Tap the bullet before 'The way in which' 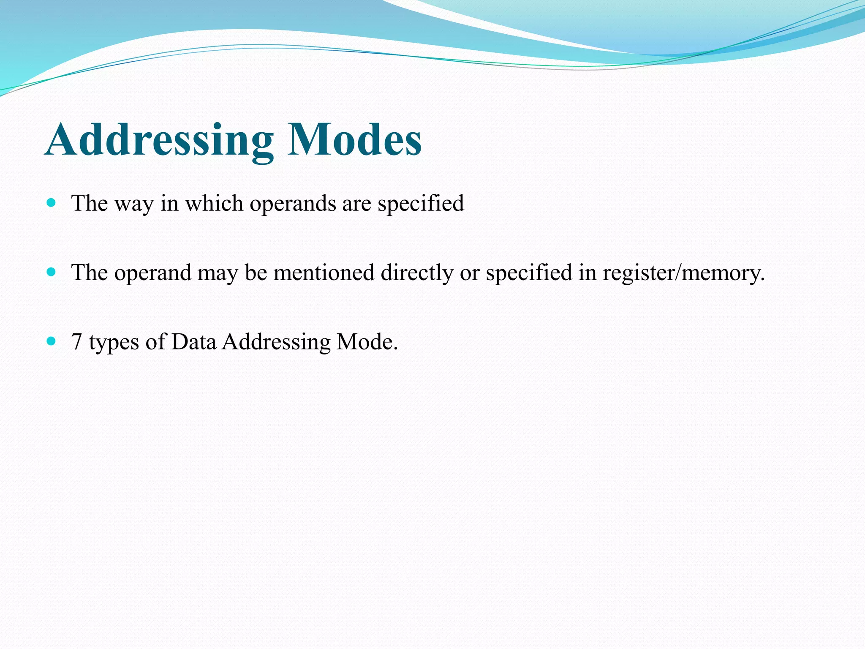(52, 203)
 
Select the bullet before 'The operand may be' (52, 272)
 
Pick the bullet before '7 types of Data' (52, 341)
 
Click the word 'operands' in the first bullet (292, 204)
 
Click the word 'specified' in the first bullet (421, 204)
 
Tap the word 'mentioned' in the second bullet (324, 272)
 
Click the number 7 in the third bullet (76, 341)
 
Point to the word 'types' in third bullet (114, 342)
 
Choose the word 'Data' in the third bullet (194, 341)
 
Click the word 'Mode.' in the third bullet (367, 341)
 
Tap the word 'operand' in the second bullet (153, 273)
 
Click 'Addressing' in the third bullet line (276, 342)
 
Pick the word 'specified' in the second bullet (529, 273)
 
